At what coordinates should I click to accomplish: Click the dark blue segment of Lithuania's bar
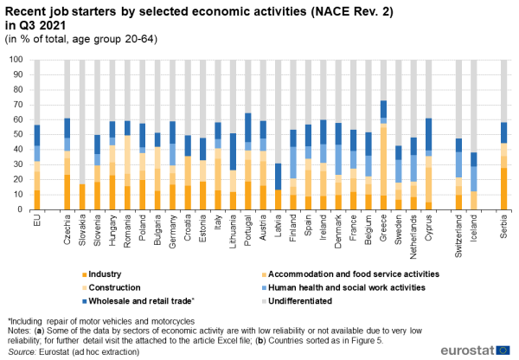[x=233, y=151]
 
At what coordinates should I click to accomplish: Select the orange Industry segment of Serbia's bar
[x=503, y=189]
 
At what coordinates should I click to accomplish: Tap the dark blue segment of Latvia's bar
[x=278, y=177]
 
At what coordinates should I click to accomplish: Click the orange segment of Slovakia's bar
[x=82, y=197]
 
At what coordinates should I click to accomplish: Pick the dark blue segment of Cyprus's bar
[x=428, y=134]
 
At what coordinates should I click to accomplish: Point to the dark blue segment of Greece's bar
[x=383, y=109]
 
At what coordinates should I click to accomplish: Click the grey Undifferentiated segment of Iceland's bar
[x=474, y=106]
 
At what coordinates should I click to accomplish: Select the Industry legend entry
[x=101, y=274]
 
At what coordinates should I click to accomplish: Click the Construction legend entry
[x=112, y=287]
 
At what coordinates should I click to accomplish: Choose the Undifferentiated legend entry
[x=297, y=301]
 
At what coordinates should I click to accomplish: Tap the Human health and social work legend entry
[x=343, y=287]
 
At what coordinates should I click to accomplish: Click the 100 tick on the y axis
[x=16, y=60]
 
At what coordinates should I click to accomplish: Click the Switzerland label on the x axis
[x=458, y=235]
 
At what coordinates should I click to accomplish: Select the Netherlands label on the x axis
[x=413, y=237]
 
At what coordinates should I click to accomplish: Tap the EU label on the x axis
[x=37, y=220]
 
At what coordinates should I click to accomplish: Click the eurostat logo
[x=475, y=350]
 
